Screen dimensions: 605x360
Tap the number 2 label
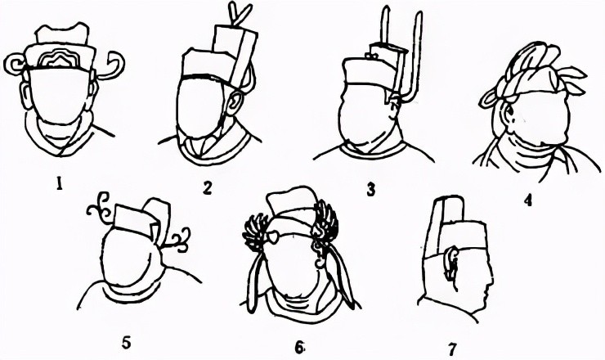(x=207, y=188)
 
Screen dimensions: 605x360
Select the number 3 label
(x=370, y=190)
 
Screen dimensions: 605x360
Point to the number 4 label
(x=528, y=200)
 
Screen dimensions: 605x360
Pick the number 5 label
(x=127, y=342)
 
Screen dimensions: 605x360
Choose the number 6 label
(x=299, y=348)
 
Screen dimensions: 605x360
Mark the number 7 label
(x=452, y=349)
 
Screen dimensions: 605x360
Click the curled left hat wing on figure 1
(x=15, y=64)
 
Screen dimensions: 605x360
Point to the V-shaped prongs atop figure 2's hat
(x=240, y=14)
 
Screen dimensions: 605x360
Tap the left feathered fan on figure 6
(x=255, y=232)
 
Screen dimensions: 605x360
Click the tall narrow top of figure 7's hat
(x=450, y=210)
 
